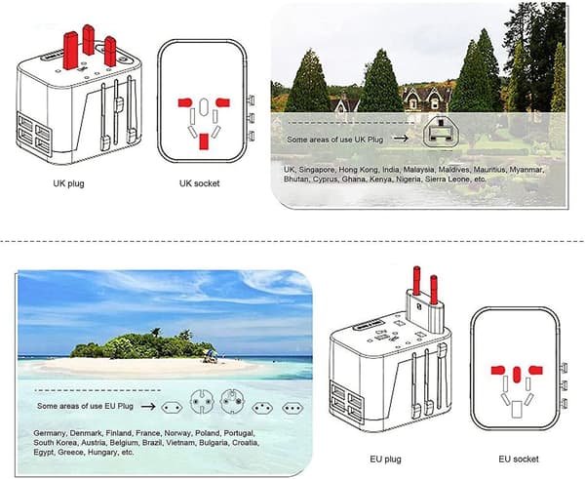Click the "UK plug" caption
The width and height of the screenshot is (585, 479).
[x=68, y=183]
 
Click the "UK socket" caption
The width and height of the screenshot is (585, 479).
[x=199, y=183]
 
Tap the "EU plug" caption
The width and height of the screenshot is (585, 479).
[x=385, y=459]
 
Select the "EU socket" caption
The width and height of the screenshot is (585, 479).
[x=519, y=459]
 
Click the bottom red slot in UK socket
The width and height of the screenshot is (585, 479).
[x=204, y=141]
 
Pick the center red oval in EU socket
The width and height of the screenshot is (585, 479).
[x=517, y=375]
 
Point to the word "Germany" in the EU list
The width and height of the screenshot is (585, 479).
[x=50, y=433]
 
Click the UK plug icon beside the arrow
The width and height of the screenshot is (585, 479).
[x=441, y=132]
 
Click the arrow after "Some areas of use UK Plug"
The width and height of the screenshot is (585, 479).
[x=401, y=139]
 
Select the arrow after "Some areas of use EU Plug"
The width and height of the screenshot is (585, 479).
[x=148, y=406]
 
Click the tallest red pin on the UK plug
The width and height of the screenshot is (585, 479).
[x=71, y=51]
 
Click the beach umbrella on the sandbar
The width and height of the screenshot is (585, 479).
[x=211, y=353]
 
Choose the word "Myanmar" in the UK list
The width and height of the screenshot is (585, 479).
[x=526, y=170]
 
